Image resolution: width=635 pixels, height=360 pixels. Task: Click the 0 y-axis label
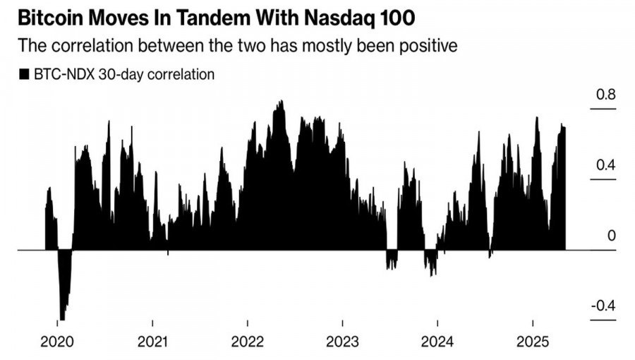(x=612, y=236)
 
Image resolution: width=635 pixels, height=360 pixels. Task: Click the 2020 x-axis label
(x=59, y=342)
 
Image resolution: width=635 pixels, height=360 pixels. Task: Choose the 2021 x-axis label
(x=153, y=342)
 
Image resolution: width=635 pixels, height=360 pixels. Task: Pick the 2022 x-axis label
(x=248, y=342)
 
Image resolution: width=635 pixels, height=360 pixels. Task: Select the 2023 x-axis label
(x=342, y=342)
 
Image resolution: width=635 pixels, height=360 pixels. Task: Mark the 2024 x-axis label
(x=437, y=342)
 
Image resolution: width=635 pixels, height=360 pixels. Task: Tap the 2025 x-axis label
(x=532, y=342)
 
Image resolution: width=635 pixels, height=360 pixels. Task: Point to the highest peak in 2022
(x=280, y=103)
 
